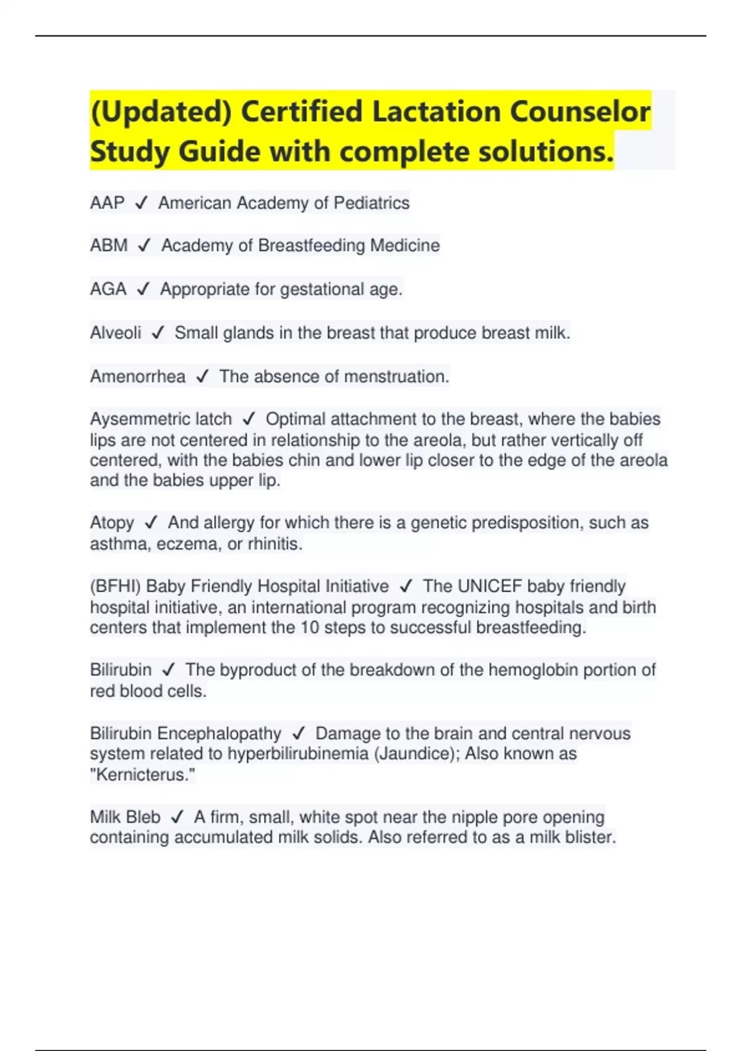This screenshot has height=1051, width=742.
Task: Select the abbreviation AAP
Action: pyautogui.click(x=107, y=203)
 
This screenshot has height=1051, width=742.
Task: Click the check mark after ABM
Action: pyautogui.click(x=144, y=246)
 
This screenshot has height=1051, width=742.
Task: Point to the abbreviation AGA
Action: pyautogui.click(x=108, y=289)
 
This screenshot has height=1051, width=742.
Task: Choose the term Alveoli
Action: pyautogui.click(x=116, y=333)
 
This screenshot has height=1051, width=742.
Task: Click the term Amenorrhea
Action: pyautogui.click(x=137, y=377)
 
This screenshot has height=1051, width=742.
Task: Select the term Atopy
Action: pyautogui.click(x=112, y=523)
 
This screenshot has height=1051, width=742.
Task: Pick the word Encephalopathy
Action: pyautogui.click(x=219, y=733)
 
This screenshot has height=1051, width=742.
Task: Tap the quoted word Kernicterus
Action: pyautogui.click(x=142, y=775)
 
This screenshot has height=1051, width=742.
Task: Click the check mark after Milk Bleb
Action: pyautogui.click(x=177, y=817)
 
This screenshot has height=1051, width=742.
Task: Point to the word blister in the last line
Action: pyautogui.click(x=592, y=838)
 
